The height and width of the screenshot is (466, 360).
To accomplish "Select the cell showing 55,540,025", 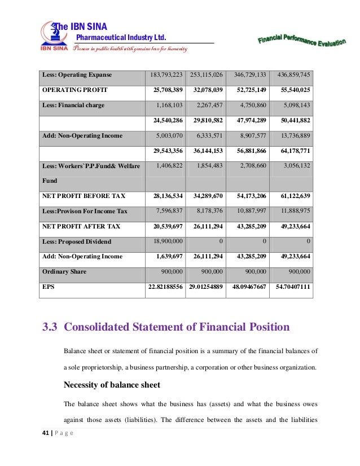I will (x=293, y=90).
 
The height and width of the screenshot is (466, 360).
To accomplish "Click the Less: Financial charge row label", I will (x=73, y=105).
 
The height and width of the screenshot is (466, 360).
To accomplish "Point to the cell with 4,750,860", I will (x=249, y=105).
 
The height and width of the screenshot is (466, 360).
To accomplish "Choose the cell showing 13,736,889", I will (x=293, y=135).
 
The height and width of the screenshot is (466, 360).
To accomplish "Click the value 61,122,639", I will (x=293, y=196).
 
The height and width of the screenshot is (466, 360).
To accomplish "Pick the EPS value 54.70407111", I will (x=292, y=287).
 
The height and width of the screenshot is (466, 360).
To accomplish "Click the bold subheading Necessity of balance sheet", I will (x=112, y=385).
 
